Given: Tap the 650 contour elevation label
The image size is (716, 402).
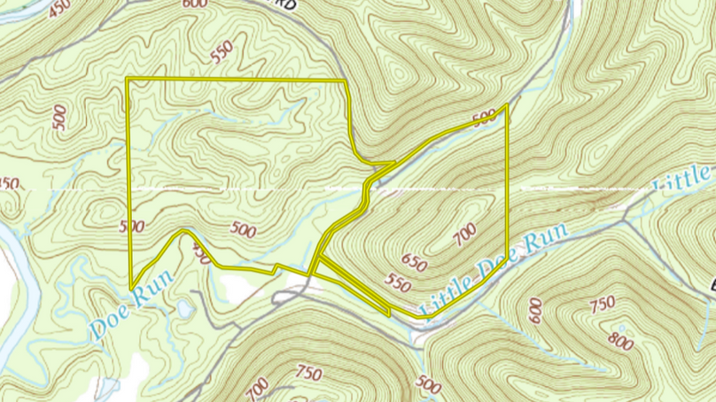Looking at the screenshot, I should (413, 263).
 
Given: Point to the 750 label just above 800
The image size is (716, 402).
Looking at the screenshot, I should (602, 305).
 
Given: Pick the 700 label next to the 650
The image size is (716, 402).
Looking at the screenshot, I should (463, 236).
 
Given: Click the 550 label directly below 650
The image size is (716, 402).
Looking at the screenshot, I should (398, 283).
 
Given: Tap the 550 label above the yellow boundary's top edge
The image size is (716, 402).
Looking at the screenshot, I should (227, 52).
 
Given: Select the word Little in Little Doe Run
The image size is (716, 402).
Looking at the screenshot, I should (682, 178).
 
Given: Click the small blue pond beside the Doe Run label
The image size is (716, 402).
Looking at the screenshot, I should (183, 308).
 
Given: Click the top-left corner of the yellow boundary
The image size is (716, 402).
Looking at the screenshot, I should (128, 79).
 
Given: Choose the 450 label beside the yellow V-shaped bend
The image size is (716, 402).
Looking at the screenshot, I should (201, 255).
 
